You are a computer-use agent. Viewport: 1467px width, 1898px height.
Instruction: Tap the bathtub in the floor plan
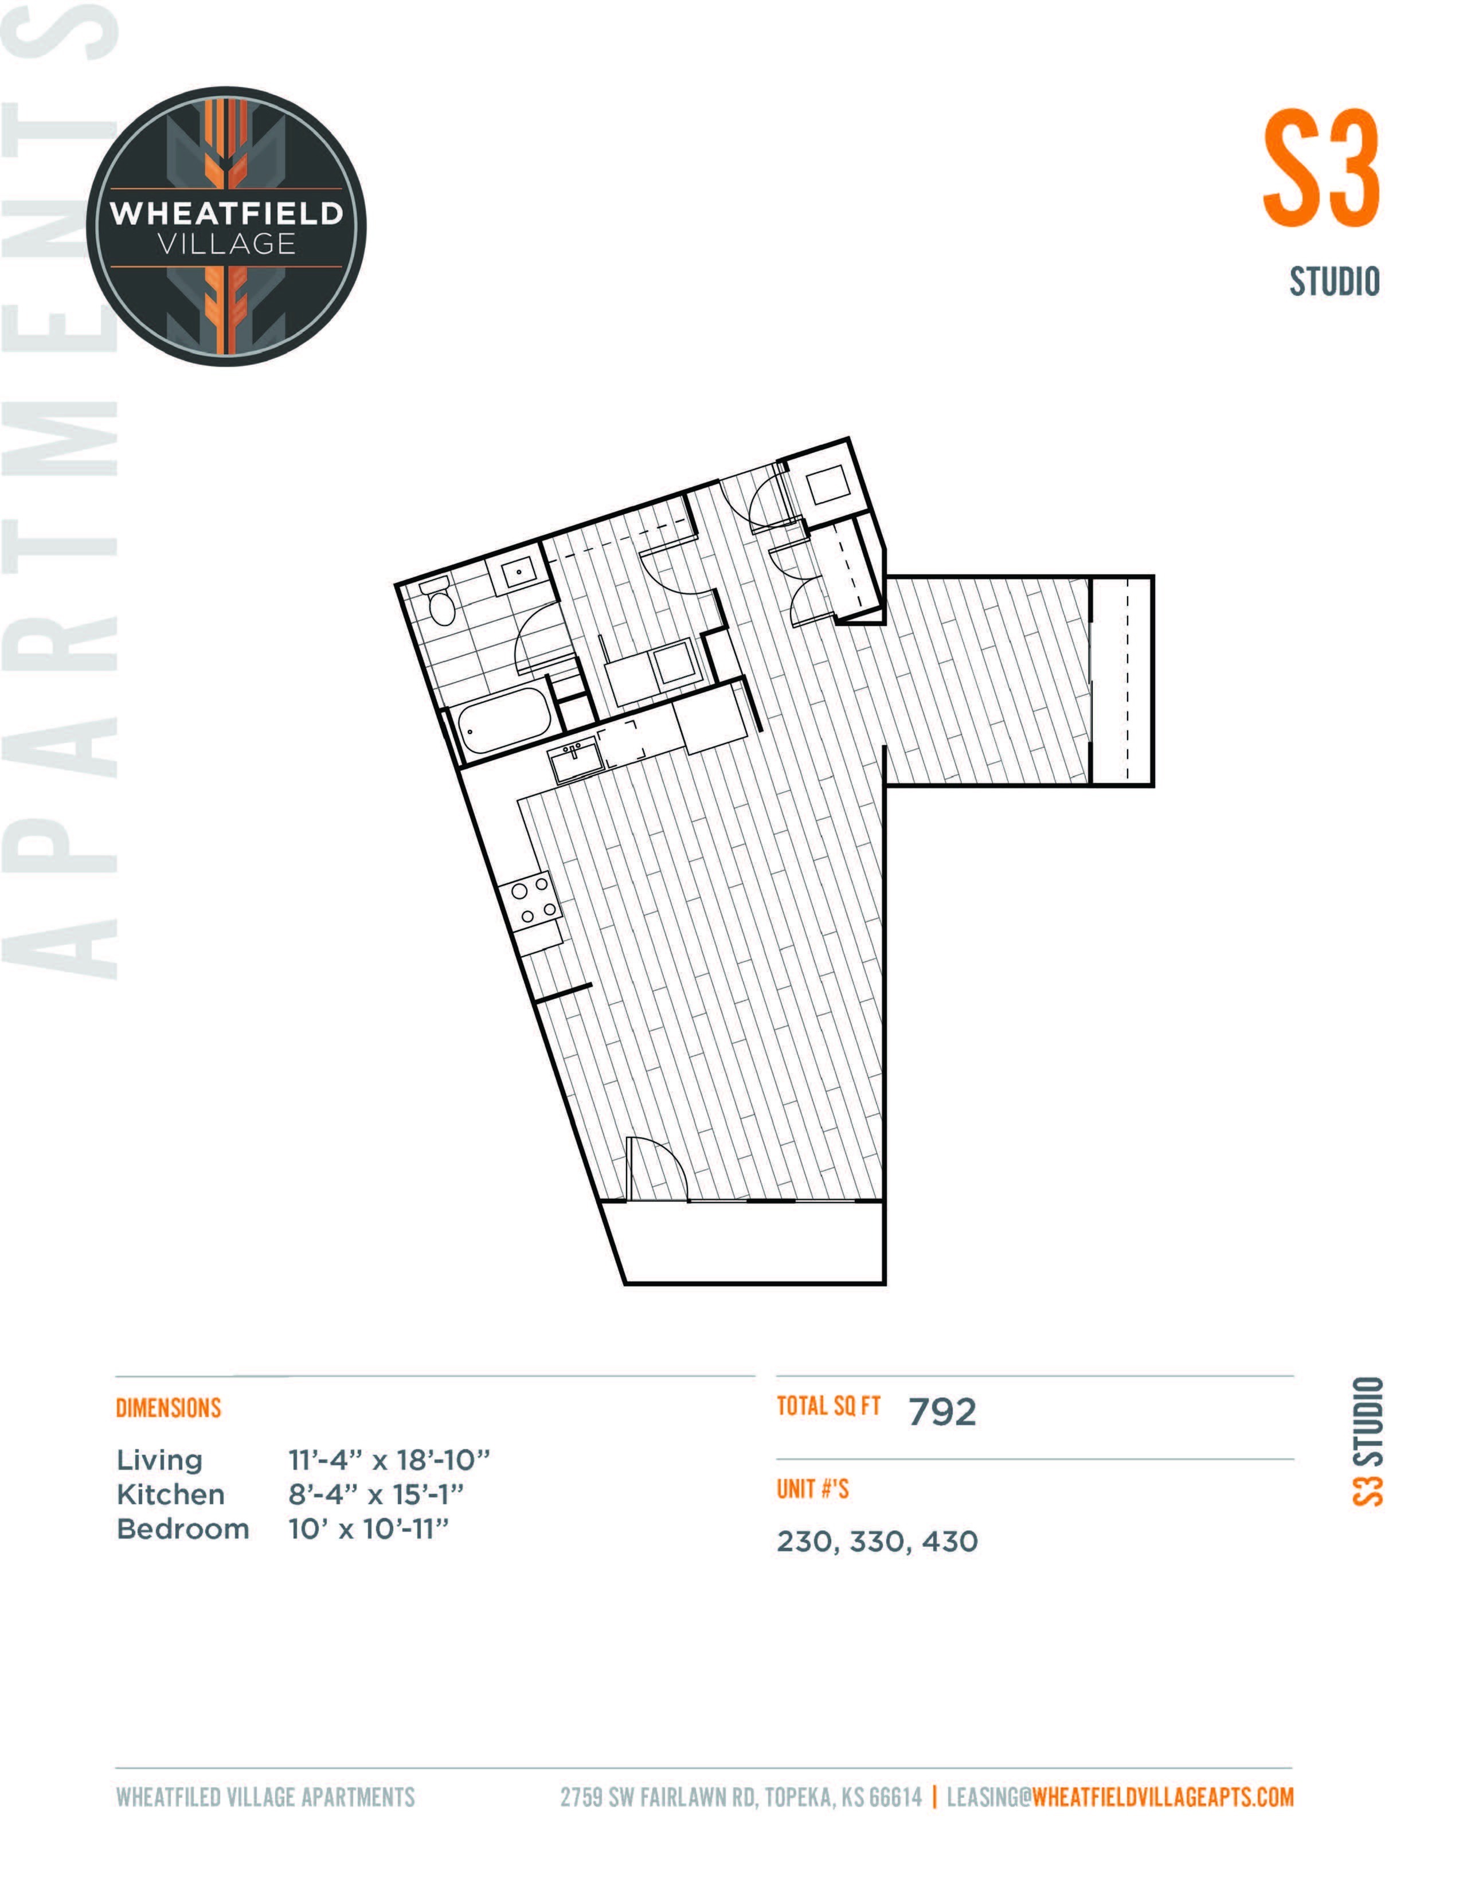pos(504,721)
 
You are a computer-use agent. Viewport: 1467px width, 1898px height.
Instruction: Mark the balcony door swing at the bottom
pos(658,1169)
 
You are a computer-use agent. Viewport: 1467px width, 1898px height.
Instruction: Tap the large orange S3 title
pos(1321,168)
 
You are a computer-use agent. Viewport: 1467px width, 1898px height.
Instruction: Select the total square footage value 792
pos(942,1413)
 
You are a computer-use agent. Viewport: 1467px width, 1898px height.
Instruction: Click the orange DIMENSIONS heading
pos(169,1408)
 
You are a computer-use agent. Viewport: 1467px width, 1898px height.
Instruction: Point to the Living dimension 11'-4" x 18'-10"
pos(389,1460)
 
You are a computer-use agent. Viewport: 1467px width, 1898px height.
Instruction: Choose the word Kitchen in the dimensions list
pos(170,1495)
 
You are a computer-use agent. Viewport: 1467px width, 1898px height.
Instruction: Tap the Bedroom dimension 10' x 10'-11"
pos(369,1529)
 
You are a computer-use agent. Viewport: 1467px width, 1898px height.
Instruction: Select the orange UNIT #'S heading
pos(812,1489)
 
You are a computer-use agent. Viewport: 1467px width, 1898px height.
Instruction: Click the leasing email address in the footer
pos(1120,1797)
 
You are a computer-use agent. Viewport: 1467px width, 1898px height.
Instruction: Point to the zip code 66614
pos(895,1797)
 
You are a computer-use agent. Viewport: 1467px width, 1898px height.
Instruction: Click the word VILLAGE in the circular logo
pos(227,244)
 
